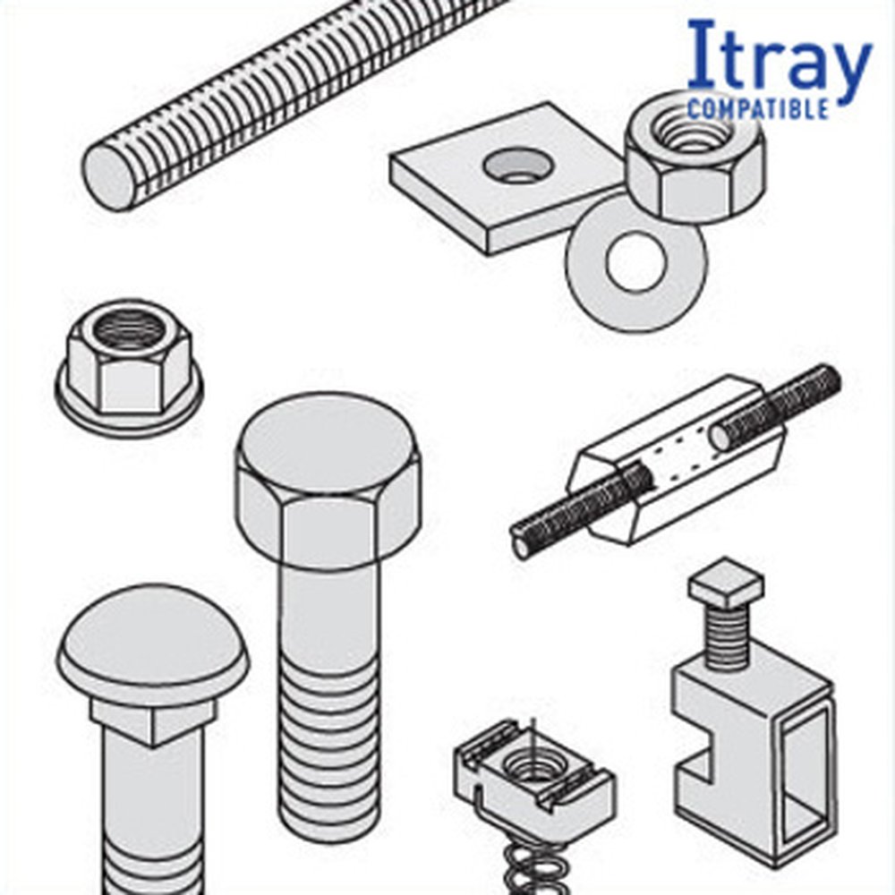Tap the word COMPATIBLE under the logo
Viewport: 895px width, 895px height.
tap(758, 108)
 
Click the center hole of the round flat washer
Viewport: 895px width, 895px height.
tap(635, 260)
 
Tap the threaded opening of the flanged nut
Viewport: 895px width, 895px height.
tap(128, 328)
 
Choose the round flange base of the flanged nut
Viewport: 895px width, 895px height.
tap(129, 405)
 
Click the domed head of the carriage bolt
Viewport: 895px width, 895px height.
tap(153, 639)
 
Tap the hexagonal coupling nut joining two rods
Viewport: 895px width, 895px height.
tap(675, 460)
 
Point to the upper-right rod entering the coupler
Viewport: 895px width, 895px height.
tap(776, 406)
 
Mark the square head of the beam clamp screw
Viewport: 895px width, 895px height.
tap(726, 584)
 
